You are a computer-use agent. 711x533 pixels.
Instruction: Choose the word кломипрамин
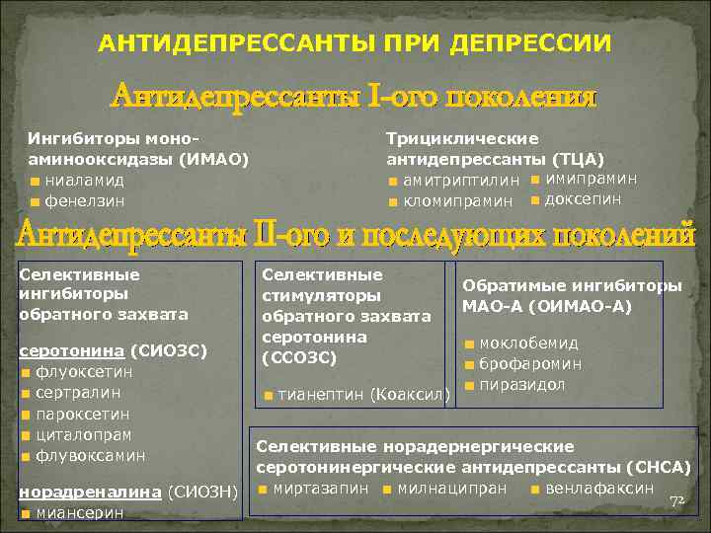(458, 200)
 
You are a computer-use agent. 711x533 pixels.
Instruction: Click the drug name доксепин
(583, 199)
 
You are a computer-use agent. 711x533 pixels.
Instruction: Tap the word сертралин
(72, 393)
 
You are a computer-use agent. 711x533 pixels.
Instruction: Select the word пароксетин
(77, 414)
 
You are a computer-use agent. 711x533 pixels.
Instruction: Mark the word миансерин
(75, 512)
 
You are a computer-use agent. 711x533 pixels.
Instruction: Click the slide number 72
(676, 502)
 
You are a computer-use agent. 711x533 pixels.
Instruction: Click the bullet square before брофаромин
(470, 364)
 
